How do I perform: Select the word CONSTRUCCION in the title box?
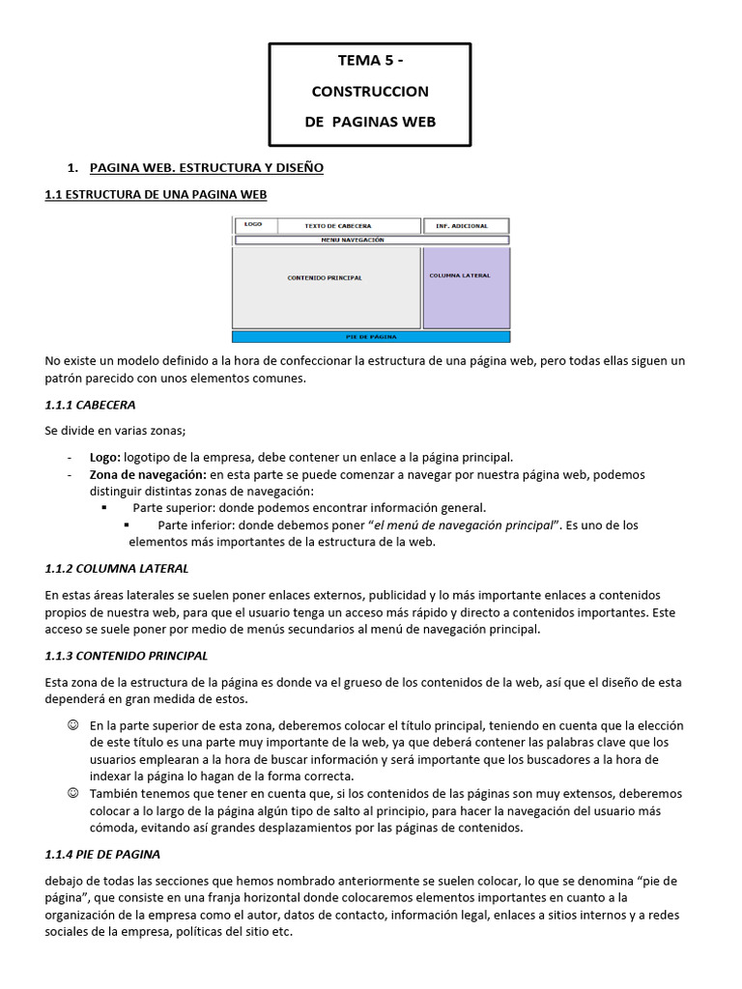[x=370, y=92]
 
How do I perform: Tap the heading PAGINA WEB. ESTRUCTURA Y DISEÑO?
[x=206, y=168]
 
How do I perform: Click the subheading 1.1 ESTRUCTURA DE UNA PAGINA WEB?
[x=156, y=194]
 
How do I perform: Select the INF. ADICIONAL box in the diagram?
[x=462, y=226]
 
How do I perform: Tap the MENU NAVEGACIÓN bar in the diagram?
[x=371, y=240]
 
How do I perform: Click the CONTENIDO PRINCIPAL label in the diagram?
[x=325, y=278]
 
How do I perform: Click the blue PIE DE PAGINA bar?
[x=371, y=337]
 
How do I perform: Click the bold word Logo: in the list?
[x=105, y=456]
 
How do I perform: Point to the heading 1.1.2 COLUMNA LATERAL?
[x=117, y=568]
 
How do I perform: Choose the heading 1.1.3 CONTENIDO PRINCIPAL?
[x=127, y=656]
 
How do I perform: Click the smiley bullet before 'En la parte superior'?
[x=72, y=725]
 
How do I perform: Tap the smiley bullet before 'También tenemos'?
[x=72, y=793]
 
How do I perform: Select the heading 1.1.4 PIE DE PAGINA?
[x=102, y=855]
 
